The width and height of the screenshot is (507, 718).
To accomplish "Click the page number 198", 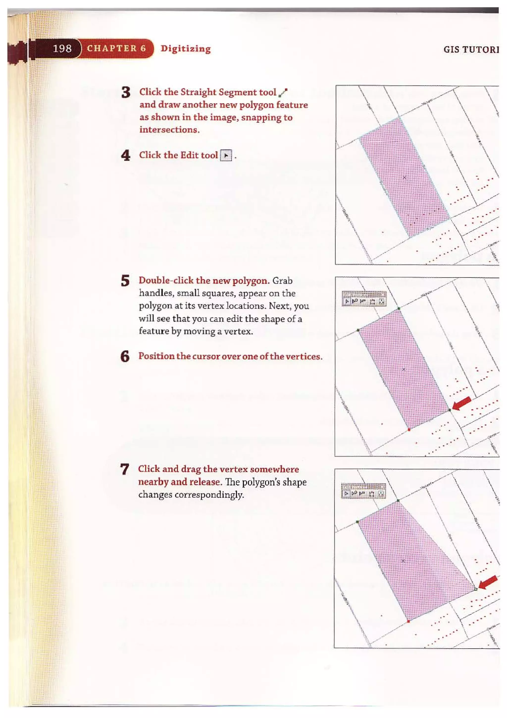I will tap(62, 49).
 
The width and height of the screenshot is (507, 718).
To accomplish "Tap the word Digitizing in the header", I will tap(186, 49).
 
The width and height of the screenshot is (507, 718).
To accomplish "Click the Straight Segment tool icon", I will tap(283, 92).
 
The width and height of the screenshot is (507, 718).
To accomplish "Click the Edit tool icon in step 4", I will tap(226, 155).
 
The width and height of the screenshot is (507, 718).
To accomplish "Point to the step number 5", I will tap(125, 281).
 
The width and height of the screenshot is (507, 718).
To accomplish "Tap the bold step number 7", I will tap(124, 469).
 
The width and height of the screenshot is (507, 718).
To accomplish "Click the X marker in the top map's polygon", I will tap(404, 177).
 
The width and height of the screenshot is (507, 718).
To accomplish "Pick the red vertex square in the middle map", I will tap(409, 430).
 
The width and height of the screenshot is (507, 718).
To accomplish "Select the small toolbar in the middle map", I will tap(364, 299).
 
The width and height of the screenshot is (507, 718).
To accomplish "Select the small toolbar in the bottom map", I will tap(364, 491).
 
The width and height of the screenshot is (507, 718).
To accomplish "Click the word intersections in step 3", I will tap(169, 130).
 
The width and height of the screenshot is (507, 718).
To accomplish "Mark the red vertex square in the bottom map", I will tap(408, 621).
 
